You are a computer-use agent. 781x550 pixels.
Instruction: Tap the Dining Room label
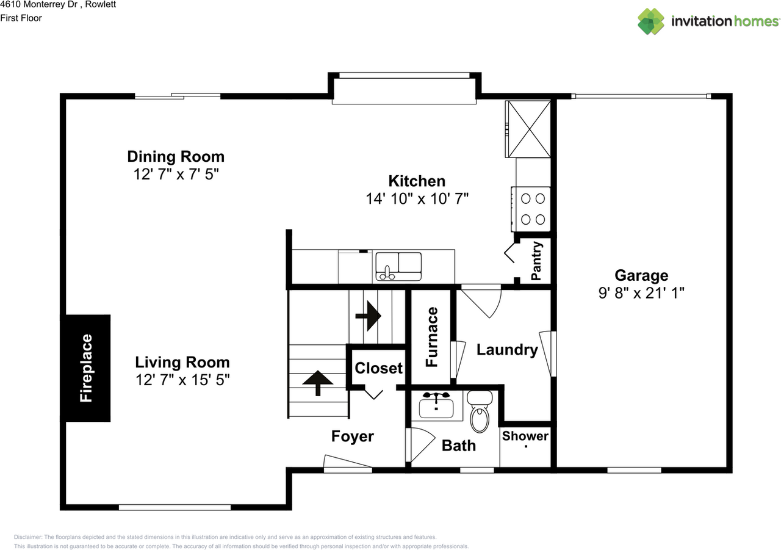(176, 156)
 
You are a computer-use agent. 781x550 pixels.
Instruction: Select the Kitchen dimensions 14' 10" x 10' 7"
(417, 198)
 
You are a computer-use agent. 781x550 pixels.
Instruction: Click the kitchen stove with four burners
(533, 209)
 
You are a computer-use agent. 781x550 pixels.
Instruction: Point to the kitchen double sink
(398, 266)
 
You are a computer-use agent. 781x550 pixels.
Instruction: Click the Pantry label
(536, 261)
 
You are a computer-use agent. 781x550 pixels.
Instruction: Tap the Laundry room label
(507, 350)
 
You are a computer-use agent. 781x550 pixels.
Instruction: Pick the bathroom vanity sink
(436, 406)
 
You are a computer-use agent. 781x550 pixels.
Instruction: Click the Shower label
(525, 436)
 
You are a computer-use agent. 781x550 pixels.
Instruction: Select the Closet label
(378, 368)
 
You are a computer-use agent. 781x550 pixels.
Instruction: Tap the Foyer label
(352, 436)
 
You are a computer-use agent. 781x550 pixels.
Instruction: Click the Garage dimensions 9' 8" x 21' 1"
(641, 292)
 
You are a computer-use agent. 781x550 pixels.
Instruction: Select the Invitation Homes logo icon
(651, 21)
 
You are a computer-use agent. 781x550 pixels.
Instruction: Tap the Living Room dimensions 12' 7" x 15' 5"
(182, 380)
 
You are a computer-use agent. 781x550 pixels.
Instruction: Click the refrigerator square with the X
(529, 129)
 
